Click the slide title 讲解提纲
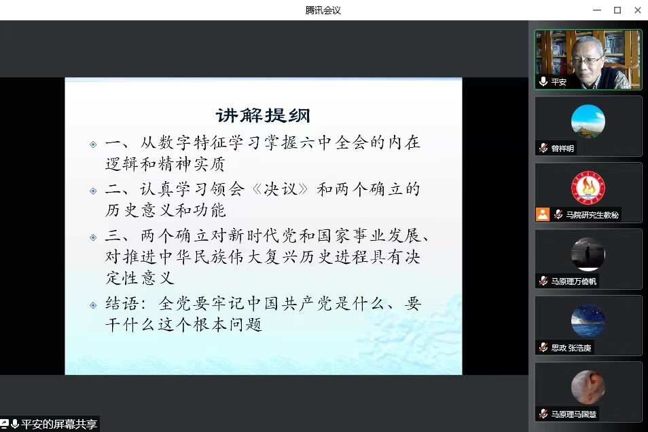pos(263,115)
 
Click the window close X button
pos(638,10)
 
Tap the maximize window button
pos(617,10)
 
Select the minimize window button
pos(597,10)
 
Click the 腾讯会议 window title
pos(323,10)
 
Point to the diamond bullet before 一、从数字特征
pos(94,144)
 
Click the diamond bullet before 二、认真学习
pos(94,191)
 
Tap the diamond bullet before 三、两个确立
pos(94,237)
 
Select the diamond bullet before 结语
pos(94,305)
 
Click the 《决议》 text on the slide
pos(281,189)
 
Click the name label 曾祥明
pos(562,149)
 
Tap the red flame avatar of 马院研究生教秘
pos(588,188)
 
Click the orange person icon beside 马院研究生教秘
pos(543,214)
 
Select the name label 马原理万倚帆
pos(573,281)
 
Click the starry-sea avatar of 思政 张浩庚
pos(588,321)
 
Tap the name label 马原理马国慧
pos(573,414)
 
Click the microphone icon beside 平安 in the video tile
pos(543,81)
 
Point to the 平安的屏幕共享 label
pos(59,424)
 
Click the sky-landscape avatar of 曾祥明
pos(588,121)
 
